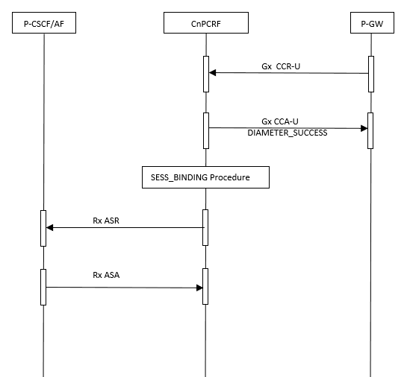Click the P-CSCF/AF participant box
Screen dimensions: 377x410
click(43, 25)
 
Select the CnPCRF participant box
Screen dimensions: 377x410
click(206, 25)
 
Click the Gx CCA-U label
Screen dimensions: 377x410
click(281, 120)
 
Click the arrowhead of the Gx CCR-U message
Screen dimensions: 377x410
click(213, 73)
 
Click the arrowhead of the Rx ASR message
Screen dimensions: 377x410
click(50, 227)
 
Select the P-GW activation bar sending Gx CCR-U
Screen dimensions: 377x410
click(370, 73)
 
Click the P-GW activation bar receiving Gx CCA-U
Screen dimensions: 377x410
click(370, 130)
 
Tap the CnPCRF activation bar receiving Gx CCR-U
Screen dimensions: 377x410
click(206, 73)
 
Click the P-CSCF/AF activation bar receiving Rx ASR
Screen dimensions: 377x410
click(43, 227)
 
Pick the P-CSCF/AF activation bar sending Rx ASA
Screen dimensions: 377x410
click(43, 287)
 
